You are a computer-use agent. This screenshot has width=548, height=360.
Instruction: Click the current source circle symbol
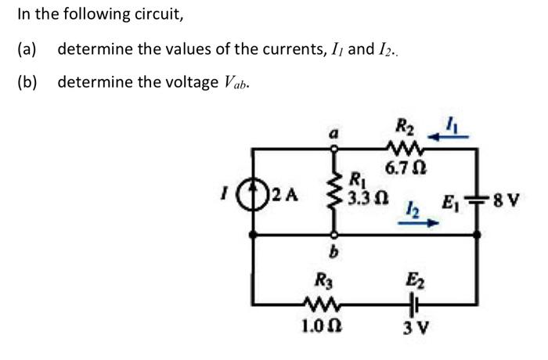point(251,190)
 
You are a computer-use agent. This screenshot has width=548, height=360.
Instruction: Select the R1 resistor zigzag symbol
point(335,188)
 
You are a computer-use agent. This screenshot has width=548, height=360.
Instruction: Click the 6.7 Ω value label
point(406,167)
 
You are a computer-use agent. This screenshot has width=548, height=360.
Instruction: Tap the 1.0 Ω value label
point(321,322)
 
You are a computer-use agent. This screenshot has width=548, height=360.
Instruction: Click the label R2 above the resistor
point(406,124)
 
